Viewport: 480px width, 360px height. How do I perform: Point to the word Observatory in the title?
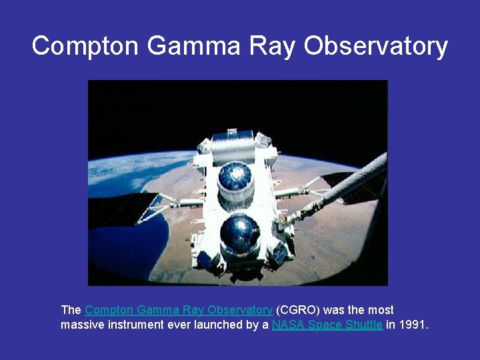[376, 46]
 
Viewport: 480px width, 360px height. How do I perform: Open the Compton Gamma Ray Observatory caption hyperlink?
[179, 310]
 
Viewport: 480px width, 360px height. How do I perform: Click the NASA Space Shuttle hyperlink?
[327, 325]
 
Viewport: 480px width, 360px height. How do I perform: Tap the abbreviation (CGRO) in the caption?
[298, 310]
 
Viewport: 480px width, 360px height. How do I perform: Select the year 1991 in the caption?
[413, 325]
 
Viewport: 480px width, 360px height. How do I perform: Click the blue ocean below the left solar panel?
[127, 247]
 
